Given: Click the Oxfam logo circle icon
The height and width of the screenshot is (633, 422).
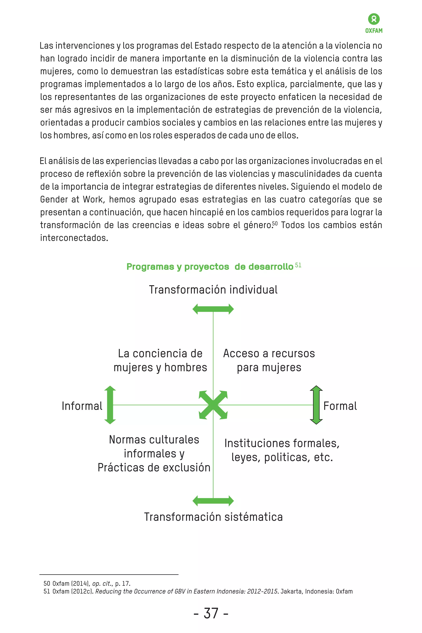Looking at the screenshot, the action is [x=374, y=19].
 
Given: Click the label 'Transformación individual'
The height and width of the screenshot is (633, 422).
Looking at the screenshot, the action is [x=213, y=290].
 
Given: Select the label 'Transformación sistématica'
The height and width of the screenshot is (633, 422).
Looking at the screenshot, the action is [x=213, y=517].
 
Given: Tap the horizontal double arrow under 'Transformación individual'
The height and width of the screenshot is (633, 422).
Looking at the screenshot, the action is [x=213, y=309].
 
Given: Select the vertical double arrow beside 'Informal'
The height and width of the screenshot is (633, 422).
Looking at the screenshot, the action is [x=110, y=405].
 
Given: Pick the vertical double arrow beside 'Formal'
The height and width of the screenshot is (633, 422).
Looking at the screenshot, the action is [x=316, y=405].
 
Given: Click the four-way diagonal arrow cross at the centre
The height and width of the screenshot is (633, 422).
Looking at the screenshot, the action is [x=213, y=405].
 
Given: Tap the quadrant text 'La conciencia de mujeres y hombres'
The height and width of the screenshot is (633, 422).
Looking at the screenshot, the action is [x=160, y=360].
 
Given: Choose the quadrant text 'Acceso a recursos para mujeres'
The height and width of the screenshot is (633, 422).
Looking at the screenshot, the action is [x=269, y=360].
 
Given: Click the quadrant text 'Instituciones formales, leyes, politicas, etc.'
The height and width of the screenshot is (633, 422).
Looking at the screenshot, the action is [x=282, y=450].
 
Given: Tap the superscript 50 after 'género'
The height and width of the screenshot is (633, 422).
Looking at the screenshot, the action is [x=275, y=223].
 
